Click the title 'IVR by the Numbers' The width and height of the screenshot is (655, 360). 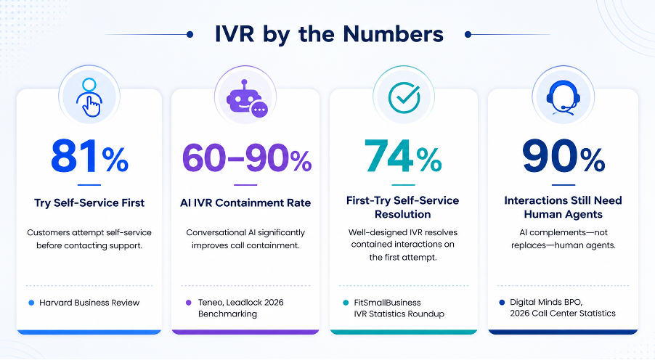coord(329,35)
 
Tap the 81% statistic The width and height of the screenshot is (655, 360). coord(89,157)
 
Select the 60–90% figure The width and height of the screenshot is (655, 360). coord(246,158)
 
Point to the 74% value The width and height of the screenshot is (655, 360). coord(403,156)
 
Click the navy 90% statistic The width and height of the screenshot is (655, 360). coord(563,157)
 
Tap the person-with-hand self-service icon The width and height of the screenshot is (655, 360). coord(89,97)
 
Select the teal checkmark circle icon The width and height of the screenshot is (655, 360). coord(404,97)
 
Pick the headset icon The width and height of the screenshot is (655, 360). coord(563,97)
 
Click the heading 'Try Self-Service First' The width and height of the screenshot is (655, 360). coord(89,203)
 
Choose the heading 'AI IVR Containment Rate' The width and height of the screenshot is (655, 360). coord(245,203)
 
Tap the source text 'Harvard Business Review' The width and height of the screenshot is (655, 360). coord(89,303)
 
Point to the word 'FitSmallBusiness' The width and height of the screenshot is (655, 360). coord(387,303)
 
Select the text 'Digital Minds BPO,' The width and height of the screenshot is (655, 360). coord(546,302)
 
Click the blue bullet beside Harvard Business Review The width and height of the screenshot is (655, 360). coord(31,303)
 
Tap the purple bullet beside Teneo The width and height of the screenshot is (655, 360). coord(188,303)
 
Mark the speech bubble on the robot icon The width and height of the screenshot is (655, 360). coord(259,110)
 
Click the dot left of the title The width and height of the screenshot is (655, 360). coord(190,35)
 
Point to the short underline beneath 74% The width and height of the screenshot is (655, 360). coord(403,185)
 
